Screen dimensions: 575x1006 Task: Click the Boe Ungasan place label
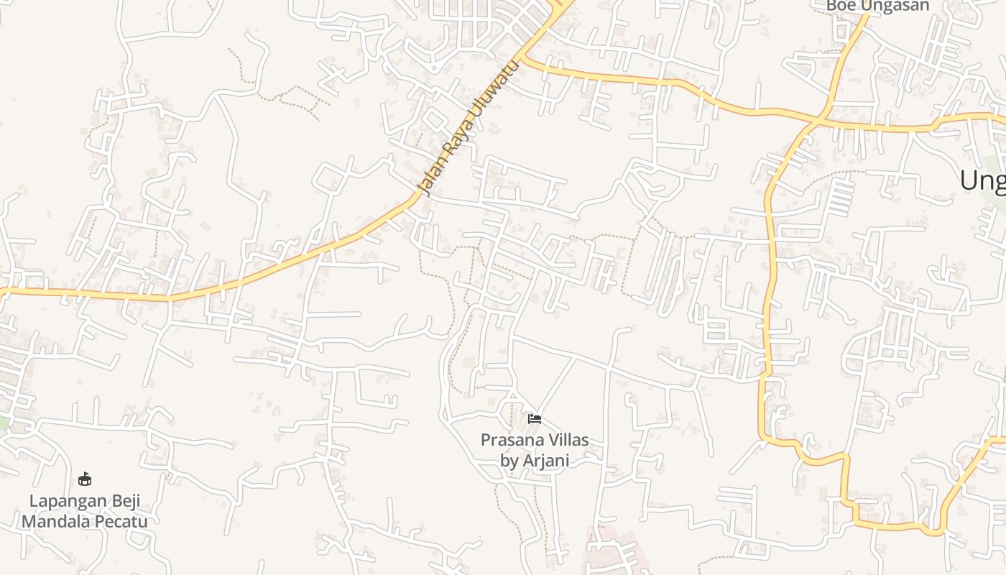877,6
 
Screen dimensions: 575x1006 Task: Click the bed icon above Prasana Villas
534,419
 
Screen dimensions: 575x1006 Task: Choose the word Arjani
545,460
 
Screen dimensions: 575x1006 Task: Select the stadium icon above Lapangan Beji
85,479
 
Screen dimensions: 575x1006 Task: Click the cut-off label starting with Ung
983,180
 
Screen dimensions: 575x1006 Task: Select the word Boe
840,6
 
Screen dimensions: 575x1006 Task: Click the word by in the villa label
509,460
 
